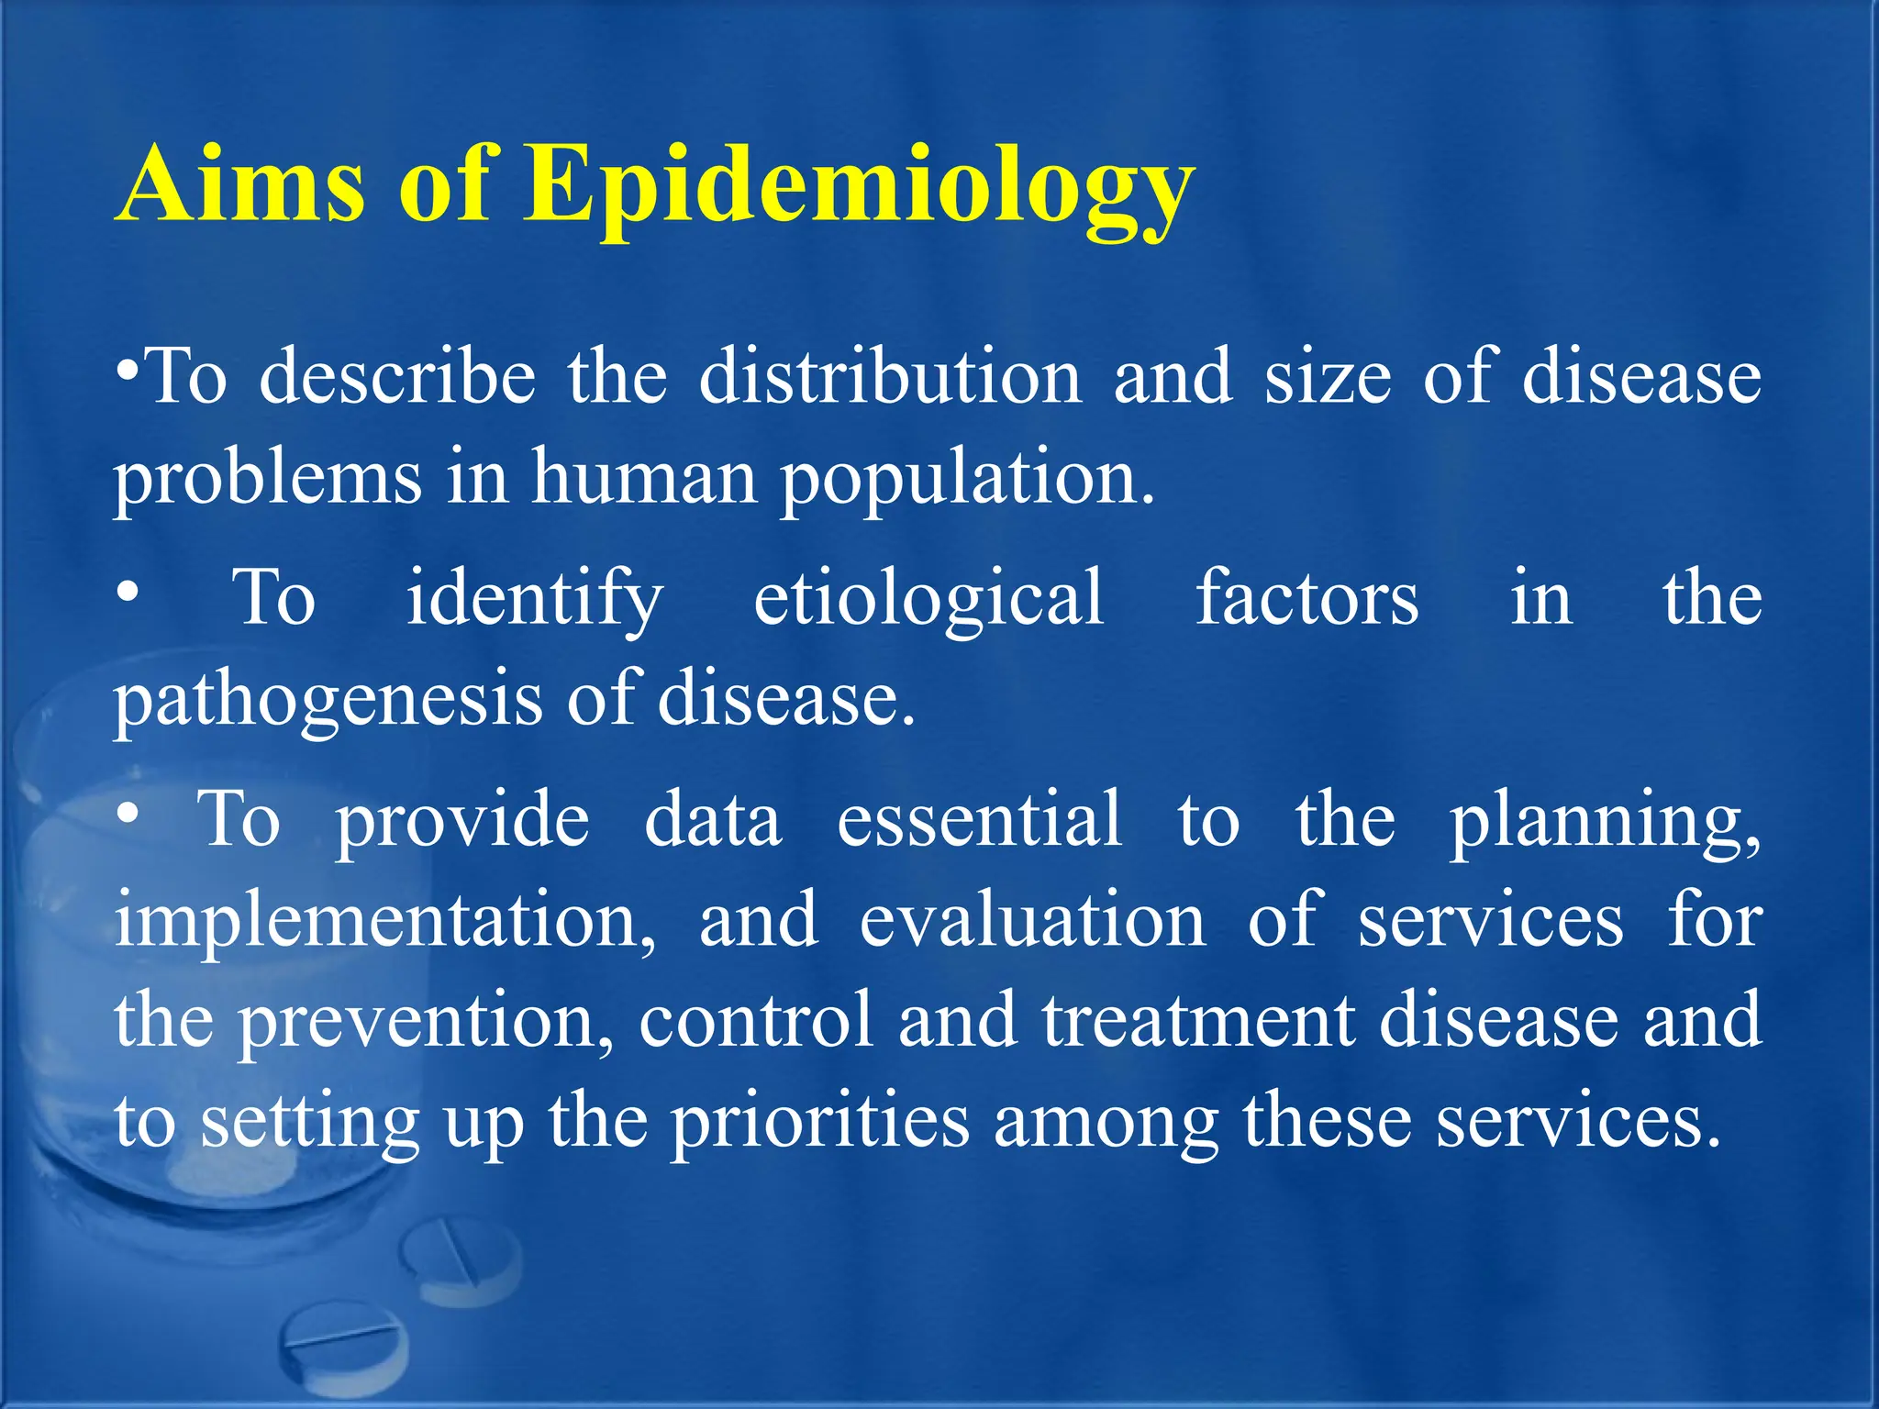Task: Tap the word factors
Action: [1306, 598]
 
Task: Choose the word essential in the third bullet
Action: [979, 819]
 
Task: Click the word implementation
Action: [385, 922]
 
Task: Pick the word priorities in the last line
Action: [819, 1124]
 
